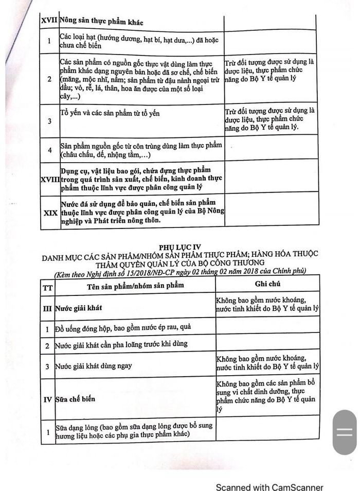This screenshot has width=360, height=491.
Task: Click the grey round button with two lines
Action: (345, 432)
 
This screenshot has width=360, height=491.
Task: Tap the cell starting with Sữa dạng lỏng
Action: (136, 431)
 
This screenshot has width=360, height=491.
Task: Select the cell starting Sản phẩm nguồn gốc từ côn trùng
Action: (141, 150)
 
